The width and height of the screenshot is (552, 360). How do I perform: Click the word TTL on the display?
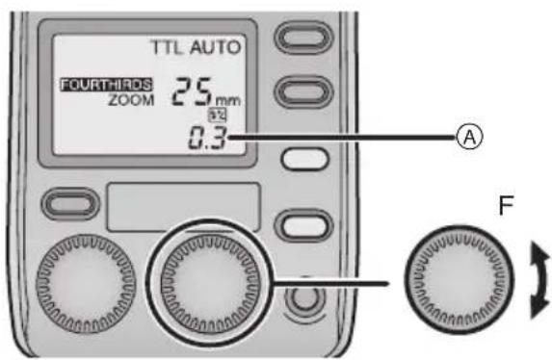pos(165,47)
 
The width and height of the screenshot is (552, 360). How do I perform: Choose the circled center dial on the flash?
pos(210,273)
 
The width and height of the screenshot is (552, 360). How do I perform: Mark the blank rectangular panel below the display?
pos(183,204)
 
